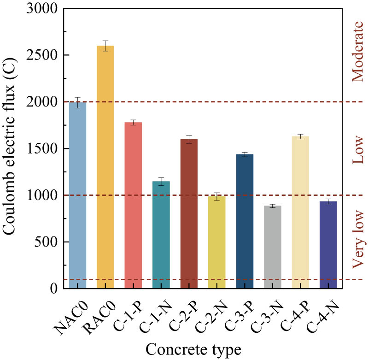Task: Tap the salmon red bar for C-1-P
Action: click(133, 205)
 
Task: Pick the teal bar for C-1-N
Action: click(161, 235)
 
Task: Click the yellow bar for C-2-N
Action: click(216, 242)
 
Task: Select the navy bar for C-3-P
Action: click(245, 221)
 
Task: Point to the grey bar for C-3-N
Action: click(272, 247)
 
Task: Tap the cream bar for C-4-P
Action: click(300, 212)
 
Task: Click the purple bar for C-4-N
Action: click(328, 245)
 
